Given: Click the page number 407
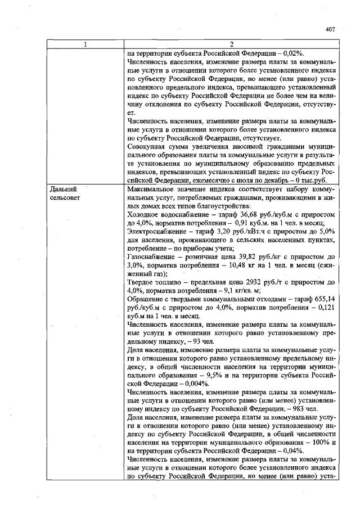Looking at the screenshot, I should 330,30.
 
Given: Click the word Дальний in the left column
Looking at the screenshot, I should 62,190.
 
